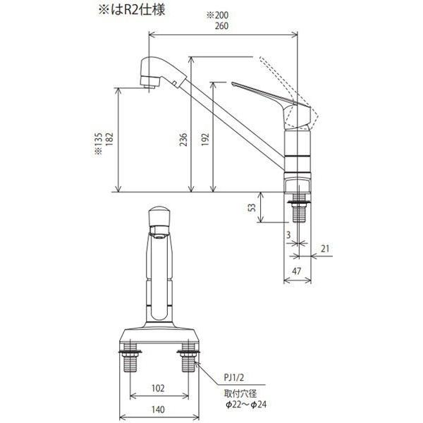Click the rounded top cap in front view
(160, 214)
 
